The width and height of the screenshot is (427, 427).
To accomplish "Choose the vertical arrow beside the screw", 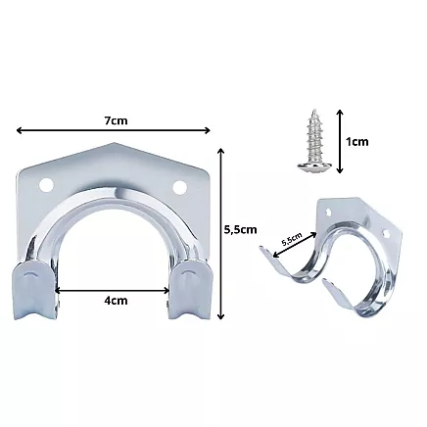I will [338, 141].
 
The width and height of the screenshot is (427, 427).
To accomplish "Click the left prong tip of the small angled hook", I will [260, 256].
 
